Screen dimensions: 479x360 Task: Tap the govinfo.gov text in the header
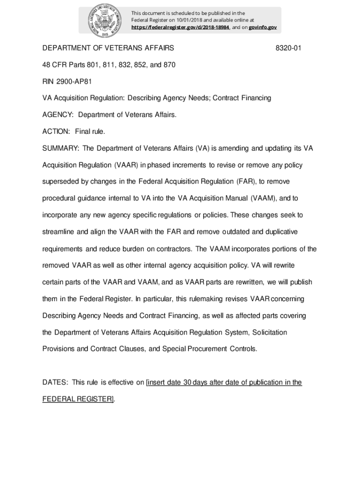click(262, 28)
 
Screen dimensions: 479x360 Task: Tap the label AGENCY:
click(58, 115)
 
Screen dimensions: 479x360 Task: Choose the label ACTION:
click(56, 131)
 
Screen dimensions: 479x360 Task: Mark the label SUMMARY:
click(62, 148)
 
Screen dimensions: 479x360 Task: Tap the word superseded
click(62, 181)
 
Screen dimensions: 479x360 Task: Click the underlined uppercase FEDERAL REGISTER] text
click(78, 399)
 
